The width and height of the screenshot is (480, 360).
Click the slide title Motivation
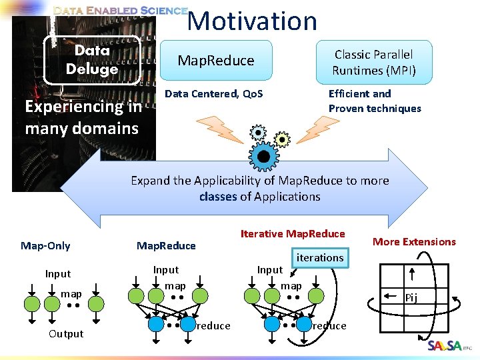[x=252, y=21]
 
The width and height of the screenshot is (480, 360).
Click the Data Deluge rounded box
[x=92, y=60]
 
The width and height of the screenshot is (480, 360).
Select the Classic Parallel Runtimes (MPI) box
[x=373, y=63]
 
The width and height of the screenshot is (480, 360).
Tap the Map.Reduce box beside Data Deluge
[x=215, y=61]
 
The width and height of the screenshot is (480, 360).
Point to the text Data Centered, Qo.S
[x=213, y=94]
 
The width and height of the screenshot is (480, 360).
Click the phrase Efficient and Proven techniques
[x=375, y=101]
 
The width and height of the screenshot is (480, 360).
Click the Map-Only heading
[x=45, y=245]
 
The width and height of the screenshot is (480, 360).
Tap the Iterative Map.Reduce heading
[x=293, y=233]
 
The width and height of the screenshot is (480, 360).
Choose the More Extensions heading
[x=414, y=241]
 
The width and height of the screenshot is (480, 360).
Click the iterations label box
[x=320, y=257]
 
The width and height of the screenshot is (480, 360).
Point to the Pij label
[x=411, y=298]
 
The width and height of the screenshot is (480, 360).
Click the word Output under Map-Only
[x=66, y=333]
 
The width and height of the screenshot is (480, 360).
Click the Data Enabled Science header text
[x=120, y=11]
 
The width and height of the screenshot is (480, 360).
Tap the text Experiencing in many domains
[x=83, y=117]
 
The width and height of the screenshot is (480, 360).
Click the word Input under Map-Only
[x=58, y=273]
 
